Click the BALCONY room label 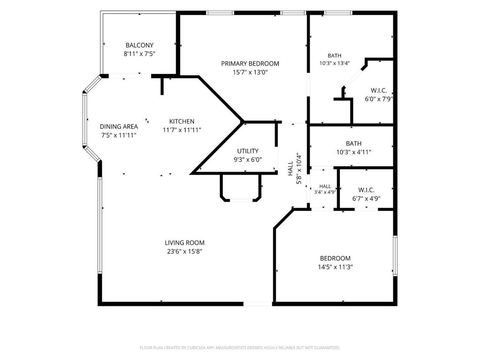[139, 45]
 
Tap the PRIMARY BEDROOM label [250, 64]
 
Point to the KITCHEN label [182, 121]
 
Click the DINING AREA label [119, 127]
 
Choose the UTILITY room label [247, 151]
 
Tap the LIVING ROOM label [185, 243]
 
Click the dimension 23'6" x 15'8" [185, 252]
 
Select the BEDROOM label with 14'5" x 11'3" [335, 258]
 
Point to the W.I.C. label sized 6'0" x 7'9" [379, 90]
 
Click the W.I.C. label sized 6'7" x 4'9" [366, 190]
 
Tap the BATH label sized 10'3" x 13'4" [334, 56]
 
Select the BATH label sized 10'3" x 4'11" [353, 143]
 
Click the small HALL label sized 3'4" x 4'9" [325, 186]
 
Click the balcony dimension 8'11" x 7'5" [139, 54]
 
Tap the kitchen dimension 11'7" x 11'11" [182, 130]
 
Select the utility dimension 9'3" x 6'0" [247, 160]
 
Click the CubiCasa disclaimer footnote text [240, 348]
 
